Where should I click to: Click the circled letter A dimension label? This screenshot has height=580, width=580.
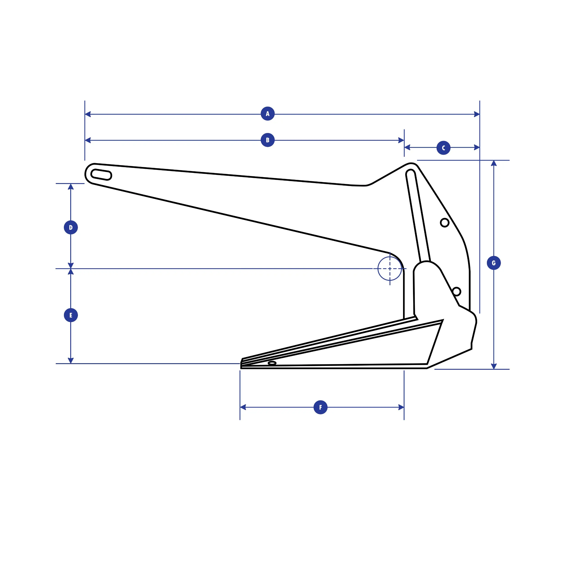[268, 114]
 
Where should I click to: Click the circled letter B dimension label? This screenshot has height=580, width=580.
[268, 140]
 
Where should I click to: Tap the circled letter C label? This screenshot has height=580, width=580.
[443, 148]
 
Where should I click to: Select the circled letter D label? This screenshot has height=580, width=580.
[71, 227]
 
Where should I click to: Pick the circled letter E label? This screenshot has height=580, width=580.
[71, 315]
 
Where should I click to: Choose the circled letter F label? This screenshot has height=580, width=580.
[320, 407]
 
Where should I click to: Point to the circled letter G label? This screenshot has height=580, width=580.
[493, 263]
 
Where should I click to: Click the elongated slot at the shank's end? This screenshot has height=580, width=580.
[101, 175]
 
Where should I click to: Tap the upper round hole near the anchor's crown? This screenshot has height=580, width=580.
[445, 223]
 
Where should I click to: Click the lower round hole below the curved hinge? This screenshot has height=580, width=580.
[456, 292]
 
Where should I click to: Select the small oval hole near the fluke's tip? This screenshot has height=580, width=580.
[272, 363]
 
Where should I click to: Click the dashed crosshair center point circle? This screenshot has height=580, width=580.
[390, 269]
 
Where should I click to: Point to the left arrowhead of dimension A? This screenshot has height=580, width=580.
[88, 114]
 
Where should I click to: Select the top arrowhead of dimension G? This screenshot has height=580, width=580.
[493, 164]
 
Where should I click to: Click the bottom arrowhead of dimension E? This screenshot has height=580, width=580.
[71, 360]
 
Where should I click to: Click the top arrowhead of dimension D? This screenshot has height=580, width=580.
[71, 187]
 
